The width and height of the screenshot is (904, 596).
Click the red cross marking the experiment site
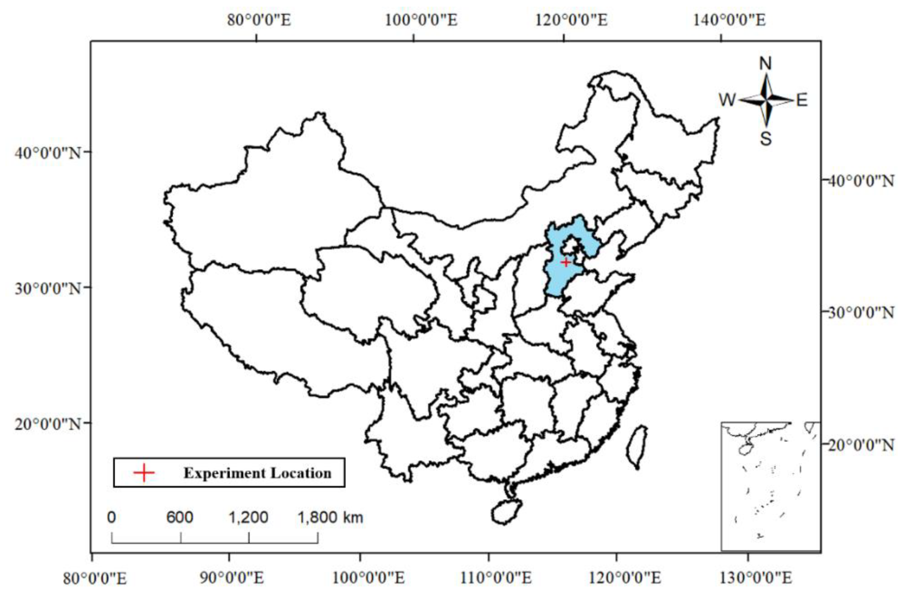[565, 262]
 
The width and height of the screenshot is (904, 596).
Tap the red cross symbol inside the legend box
[144, 473]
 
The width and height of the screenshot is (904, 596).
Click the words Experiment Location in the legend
[257, 473]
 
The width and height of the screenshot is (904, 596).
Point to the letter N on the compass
[765, 64]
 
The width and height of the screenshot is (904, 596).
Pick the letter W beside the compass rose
[727, 100]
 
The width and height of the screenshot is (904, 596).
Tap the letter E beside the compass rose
[802, 100]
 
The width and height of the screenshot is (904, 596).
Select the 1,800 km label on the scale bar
[330, 517]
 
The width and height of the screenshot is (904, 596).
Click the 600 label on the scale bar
[179, 517]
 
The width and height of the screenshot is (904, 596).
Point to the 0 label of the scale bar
[112, 517]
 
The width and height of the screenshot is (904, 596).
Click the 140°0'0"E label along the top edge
[730, 20]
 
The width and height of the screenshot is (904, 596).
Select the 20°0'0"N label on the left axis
[48, 423]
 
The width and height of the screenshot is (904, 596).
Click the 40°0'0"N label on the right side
[861, 181]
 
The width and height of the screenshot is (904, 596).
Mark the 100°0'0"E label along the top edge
[421, 20]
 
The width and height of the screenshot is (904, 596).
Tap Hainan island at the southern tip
[506, 511]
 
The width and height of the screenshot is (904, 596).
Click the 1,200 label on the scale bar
[248, 517]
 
